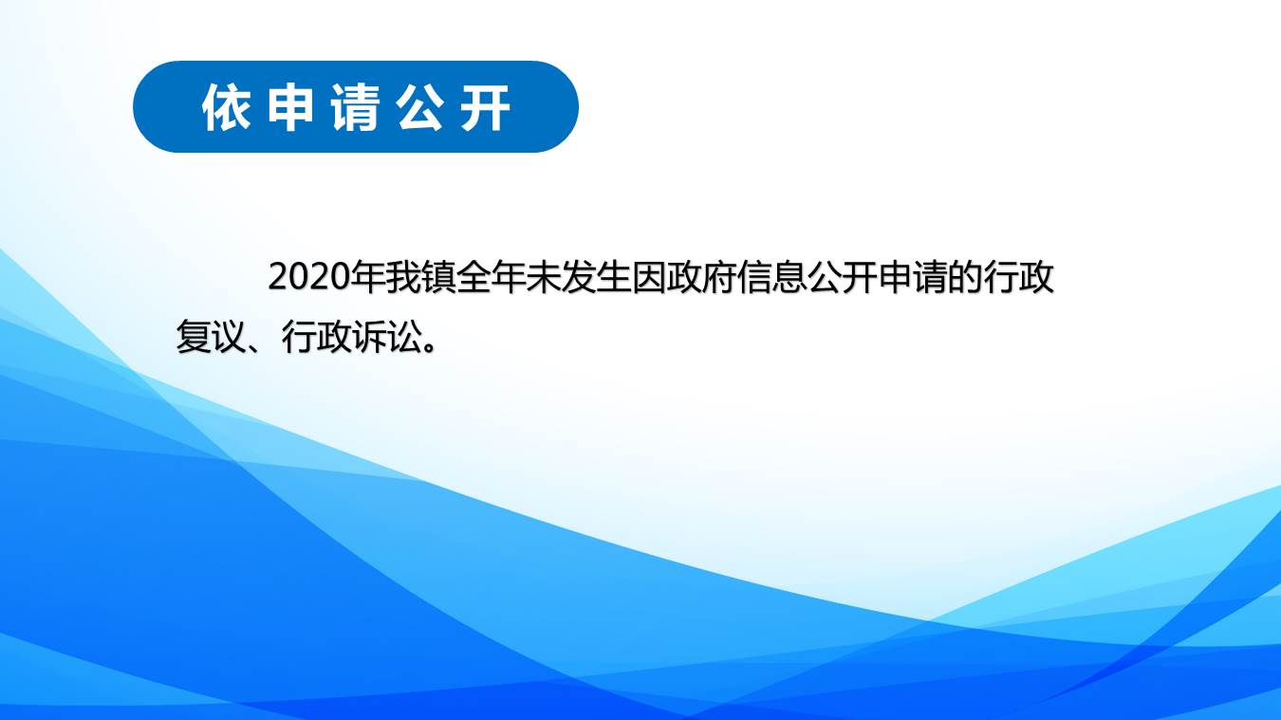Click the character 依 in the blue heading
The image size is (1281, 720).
pyautogui.click(x=227, y=107)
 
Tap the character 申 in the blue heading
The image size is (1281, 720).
pyautogui.click(x=291, y=107)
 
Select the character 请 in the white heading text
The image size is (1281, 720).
pyautogui.click(x=356, y=107)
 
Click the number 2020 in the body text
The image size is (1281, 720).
pyautogui.click(x=308, y=277)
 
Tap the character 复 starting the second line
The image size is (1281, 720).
pyautogui.click(x=193, y=336)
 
